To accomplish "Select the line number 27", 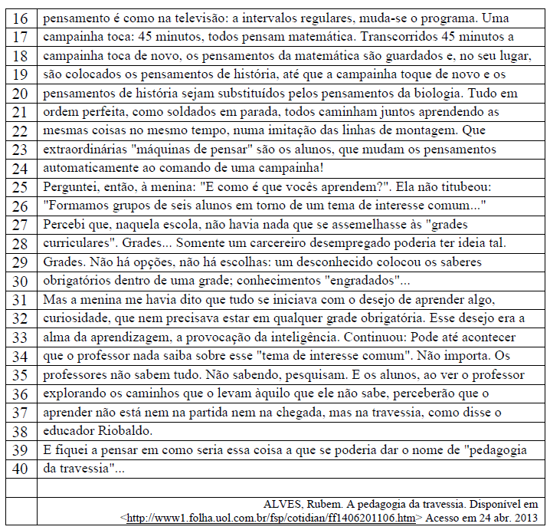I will (x=20, y=224).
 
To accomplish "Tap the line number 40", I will (x=20, y=468).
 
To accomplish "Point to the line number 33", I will (x=20, y=337).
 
